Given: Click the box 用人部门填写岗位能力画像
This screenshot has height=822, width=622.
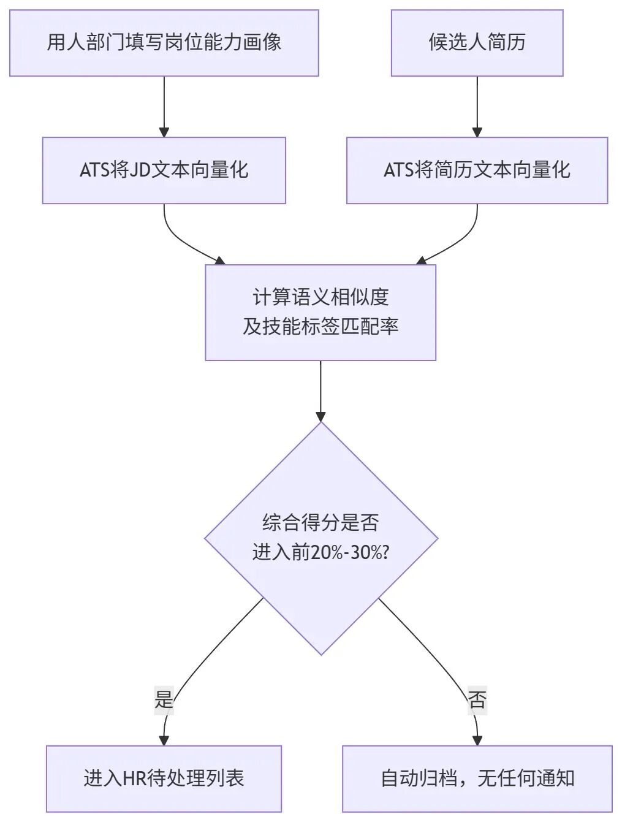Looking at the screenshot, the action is [x=164, y=43].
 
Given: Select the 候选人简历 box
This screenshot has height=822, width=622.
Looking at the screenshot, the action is [x=477, y=43].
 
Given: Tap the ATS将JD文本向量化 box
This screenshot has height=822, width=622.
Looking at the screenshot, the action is [x=164, y=170].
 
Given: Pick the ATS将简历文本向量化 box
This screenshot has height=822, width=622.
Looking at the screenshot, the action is [x=477, y=170].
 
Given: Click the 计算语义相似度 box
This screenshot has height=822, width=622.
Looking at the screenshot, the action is [x=320, y=313].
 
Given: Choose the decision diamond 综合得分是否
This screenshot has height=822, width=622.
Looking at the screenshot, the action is [x=321, y=539].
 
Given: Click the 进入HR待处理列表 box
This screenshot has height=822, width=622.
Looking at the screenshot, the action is [x=164, y=779].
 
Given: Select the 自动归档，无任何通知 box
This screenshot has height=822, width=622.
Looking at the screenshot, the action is [x=477, y=779].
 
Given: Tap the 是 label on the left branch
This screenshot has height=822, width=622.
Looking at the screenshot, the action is [x=164, y=699].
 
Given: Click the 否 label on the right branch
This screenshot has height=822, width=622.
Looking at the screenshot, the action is [x=477, y=699].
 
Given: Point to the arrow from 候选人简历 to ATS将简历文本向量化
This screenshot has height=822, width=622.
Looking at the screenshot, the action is [x=477, y=107].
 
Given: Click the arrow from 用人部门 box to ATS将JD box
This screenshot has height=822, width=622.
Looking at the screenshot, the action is [x=164, y=107].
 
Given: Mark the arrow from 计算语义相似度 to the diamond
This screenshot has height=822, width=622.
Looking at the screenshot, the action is [x=320, y=391].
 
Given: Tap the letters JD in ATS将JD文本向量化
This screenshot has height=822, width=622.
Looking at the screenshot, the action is [x=140, y=170].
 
